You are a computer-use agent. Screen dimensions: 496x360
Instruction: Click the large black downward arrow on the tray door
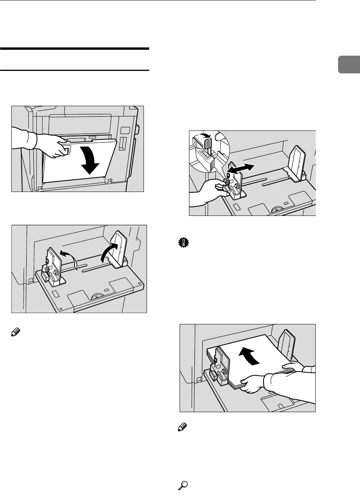click(91, 161)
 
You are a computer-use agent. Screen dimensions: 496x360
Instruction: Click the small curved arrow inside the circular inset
click(207, 136)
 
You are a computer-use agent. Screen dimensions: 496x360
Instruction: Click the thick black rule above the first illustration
click(75, 49)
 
